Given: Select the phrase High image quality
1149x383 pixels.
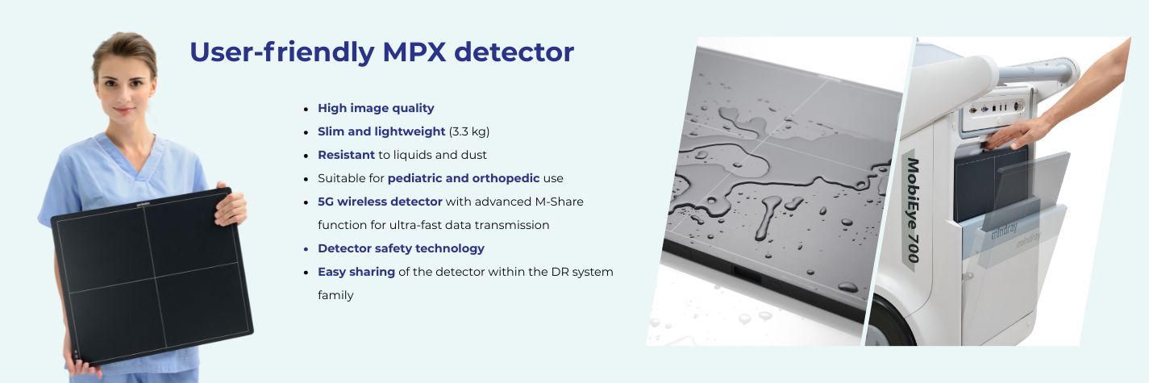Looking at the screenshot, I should (x=376, y=108).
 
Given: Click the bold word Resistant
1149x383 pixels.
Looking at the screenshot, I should (x=346, y=155).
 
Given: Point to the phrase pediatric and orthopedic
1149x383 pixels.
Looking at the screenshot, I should (x=464, y=178).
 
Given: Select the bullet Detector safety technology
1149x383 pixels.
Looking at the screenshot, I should (x=401, y=248).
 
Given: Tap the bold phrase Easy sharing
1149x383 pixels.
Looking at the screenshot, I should (x=356, y=272).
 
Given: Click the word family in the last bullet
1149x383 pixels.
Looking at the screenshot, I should (x=335, y=295).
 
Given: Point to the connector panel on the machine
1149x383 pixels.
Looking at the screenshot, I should (x=996, y=106).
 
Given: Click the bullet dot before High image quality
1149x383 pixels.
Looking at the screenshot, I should (x=306, y=109).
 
